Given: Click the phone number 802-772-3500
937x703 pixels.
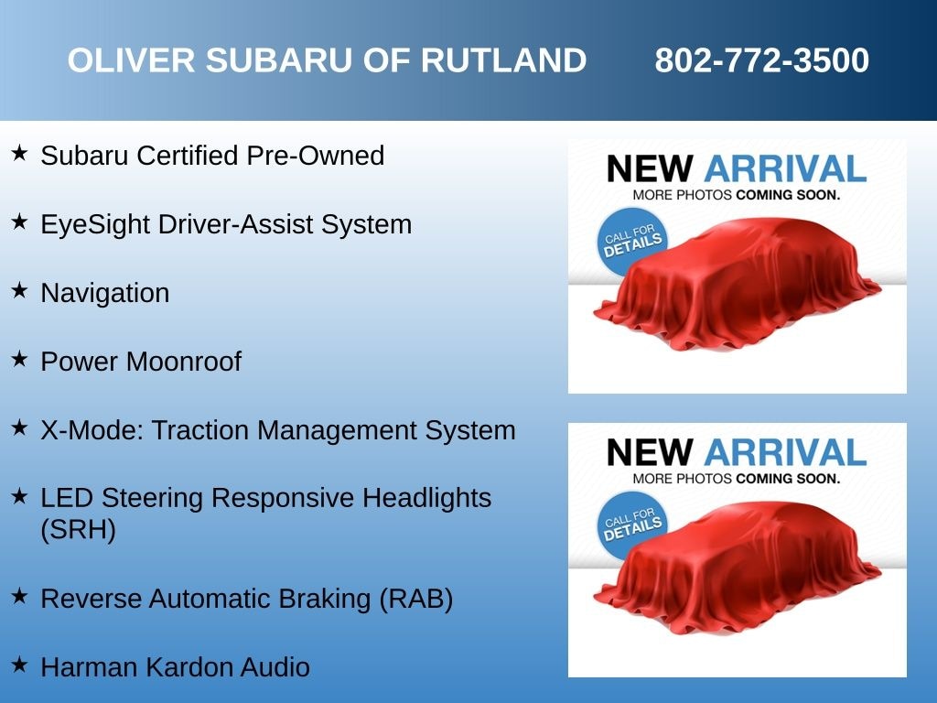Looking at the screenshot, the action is [x=761, y=60].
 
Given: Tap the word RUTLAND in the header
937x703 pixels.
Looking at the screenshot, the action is [x=504, y=60].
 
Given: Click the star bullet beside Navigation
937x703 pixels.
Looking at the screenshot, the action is [x=19, y=290].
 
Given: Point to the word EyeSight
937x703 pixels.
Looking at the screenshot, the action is [x=94, y=225].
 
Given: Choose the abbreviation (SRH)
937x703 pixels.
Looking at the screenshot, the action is [x=79, y=530].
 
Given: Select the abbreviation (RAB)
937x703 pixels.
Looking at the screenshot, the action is [x=416, y=599].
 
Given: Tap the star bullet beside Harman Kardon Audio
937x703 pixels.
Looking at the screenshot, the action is [x=19, y=665].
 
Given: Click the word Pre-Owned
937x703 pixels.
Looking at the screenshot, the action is [x=315, y=156].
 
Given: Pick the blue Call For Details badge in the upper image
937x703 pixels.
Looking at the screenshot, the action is [x=631, y=242].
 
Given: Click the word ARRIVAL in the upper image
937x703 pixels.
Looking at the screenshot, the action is [x=785, y=168].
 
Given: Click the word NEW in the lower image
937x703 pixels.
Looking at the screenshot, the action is [x=650, y=452].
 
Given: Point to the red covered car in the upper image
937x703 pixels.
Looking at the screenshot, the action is [x=738, y=284].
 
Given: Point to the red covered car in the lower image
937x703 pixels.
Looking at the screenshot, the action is [x=738, y=568].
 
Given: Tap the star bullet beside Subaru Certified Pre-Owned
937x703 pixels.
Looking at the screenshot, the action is [x=19, y=153].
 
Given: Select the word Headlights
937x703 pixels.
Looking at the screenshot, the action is [x=426, y=498].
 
